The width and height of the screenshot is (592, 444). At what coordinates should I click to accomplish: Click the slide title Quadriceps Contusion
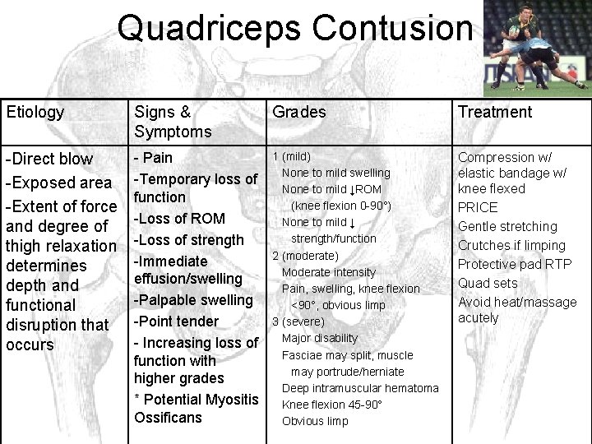pos(294,28)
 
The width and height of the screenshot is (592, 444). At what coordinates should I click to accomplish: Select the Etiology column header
pos(35,113)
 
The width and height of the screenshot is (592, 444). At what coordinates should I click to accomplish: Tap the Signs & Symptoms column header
pos(173,122)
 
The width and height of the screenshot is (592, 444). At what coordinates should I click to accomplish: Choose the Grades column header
pos(299,113)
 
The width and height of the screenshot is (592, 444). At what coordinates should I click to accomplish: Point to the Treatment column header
pos(494,113)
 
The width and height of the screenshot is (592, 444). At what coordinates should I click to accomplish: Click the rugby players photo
pos(535,45)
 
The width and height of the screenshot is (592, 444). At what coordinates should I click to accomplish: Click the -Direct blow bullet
pos(50,159)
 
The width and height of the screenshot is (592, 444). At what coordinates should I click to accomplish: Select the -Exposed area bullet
pos(58,183)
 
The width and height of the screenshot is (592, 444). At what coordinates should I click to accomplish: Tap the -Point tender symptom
pos(176,321)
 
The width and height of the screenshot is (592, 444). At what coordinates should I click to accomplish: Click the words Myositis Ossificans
pos(196,409)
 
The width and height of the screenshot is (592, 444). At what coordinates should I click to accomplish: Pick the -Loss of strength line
pos(189,240)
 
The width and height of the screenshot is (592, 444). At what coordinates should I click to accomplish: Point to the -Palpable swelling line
pos(193,300)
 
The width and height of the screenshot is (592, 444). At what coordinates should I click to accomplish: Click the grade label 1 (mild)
pos(292,156)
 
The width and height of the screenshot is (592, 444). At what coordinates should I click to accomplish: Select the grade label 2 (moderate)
pos(305,256)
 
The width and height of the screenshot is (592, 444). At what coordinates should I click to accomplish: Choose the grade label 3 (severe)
pos(298,321)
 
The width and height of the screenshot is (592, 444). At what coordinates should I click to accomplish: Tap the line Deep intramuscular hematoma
pos(360,388)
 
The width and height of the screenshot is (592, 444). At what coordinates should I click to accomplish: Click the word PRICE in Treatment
pos(478,207)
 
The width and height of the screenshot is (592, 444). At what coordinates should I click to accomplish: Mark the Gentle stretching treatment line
pos(507,226)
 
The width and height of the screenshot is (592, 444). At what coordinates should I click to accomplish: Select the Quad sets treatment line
pos(488,283)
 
